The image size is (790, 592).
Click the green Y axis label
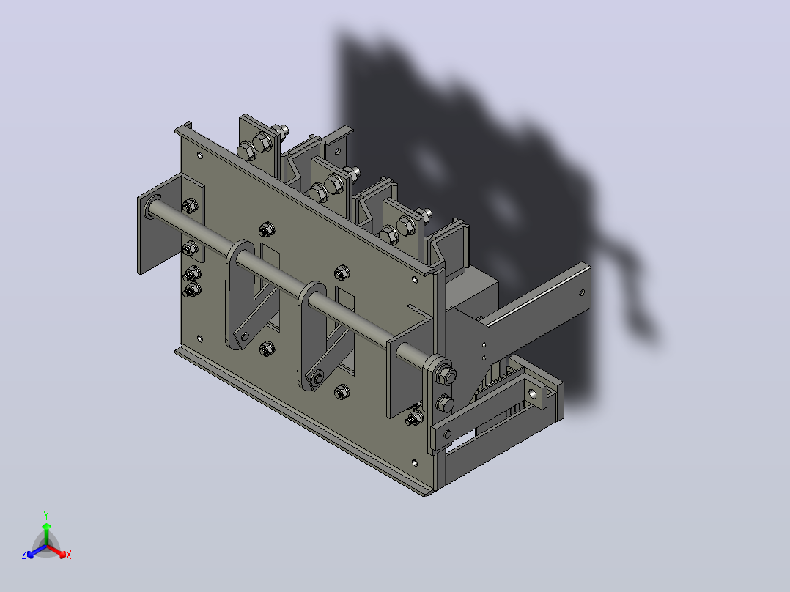(x=46, y=515)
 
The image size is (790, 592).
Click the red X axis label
(x=69, y=555)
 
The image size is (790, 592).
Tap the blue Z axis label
(x=24, y=554)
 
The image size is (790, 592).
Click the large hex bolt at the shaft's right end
(x=446, y=375)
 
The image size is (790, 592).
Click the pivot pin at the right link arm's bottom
(x=318, y=378)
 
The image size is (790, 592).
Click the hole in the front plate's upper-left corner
(x=200, y=155)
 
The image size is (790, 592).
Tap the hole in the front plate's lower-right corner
(x=415, y=462)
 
